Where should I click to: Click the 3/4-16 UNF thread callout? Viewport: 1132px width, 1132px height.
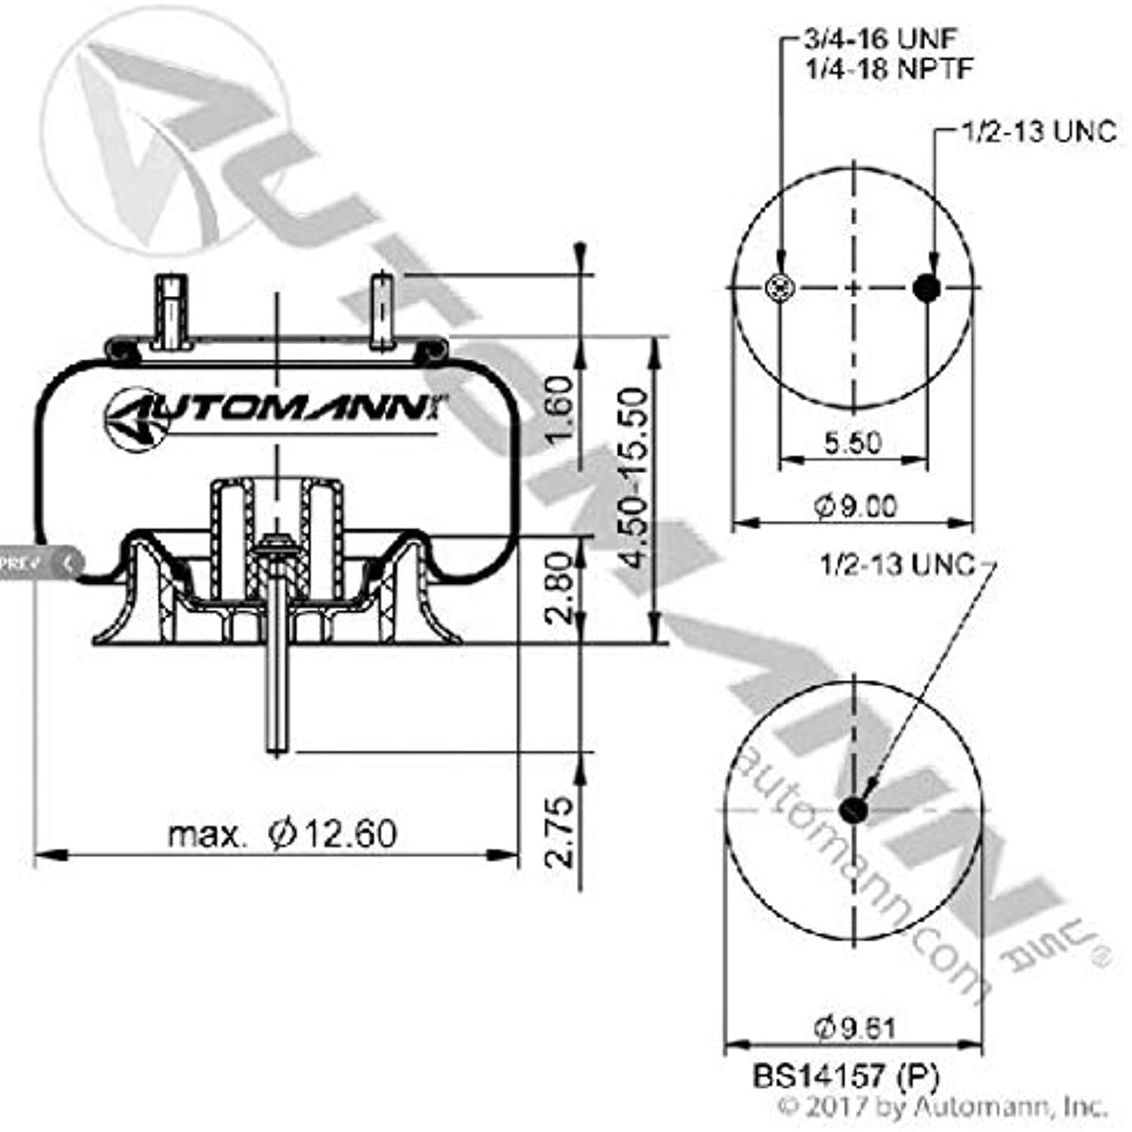880,38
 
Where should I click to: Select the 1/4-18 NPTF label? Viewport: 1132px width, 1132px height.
888,69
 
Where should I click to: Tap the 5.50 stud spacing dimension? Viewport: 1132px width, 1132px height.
853,441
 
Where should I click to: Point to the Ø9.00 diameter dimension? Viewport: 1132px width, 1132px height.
855,505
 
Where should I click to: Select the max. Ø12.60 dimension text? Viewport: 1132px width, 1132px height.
281,834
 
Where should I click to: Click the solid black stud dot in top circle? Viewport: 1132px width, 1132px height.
927,288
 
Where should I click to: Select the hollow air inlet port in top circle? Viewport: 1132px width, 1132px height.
780,288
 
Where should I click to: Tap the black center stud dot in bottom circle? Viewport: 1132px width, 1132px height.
854,811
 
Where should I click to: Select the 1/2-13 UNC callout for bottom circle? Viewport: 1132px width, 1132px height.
897,564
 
